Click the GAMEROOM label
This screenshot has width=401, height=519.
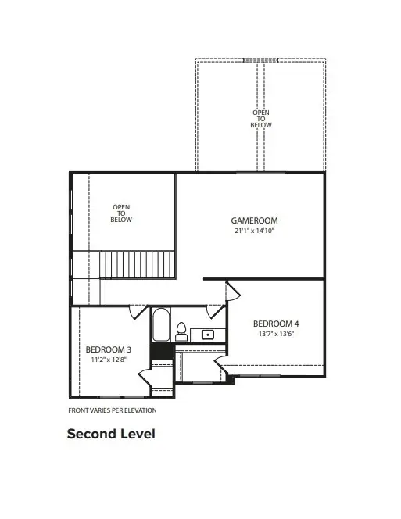254,220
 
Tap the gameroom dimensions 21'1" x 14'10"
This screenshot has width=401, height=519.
254,231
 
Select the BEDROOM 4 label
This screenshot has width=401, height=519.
276,324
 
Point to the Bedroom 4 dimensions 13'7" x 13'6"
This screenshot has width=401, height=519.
276,334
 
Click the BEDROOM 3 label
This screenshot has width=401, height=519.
108,349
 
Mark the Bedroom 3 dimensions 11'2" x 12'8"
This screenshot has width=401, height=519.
108,360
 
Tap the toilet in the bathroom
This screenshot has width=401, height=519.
181,331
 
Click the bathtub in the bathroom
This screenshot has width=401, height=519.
161,325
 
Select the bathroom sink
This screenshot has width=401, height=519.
208,335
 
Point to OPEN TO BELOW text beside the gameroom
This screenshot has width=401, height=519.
121,213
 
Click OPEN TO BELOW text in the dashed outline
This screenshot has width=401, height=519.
261,120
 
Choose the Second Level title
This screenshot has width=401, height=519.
111,433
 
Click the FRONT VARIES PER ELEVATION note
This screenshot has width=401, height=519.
113,410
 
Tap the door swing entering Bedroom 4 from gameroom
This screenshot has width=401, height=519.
234,291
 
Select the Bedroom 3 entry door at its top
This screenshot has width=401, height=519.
138,311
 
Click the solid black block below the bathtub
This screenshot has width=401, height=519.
161,352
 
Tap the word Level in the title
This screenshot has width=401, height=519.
137,433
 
